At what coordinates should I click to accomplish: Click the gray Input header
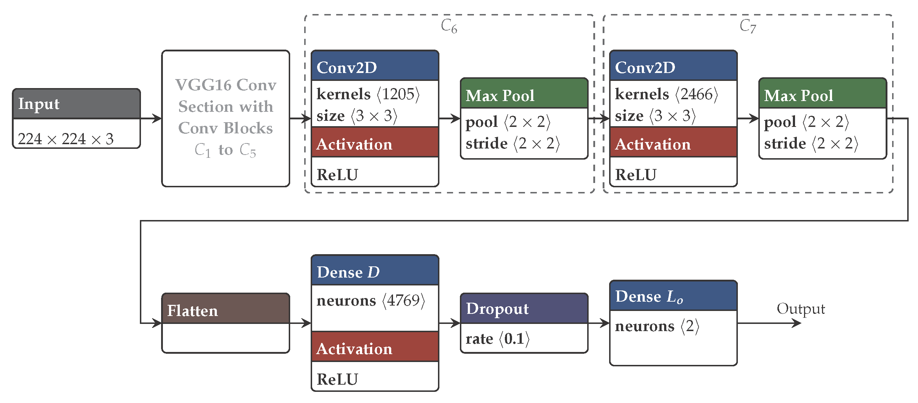[x=76, y=104]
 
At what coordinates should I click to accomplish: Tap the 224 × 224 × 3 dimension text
[x=66, y=139]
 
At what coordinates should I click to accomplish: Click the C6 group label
[x=449, y=26]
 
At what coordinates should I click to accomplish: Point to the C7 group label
[x=748, y=26]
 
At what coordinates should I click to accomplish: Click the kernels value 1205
[x=398, y=94]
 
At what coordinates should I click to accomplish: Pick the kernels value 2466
[x=697, y=94]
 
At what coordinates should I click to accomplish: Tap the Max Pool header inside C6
[x=524, y=95]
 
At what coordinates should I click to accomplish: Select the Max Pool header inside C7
[x=822, y=95]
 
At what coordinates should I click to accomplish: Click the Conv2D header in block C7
[x=673, y=67]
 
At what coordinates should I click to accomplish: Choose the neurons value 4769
[x=403, y=301]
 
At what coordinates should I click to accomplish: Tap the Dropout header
[x=524, y=308]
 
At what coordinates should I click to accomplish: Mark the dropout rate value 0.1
[x=514, y=339]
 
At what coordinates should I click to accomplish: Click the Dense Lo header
[x=673, y=296]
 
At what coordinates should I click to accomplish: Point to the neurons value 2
[x=690, y=326]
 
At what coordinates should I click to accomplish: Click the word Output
[x=800, y=308]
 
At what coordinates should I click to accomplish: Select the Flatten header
[x=225, y=310]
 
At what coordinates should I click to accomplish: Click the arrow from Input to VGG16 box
[x=151, y=118]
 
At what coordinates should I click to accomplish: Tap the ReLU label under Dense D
[x=337, y=379]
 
